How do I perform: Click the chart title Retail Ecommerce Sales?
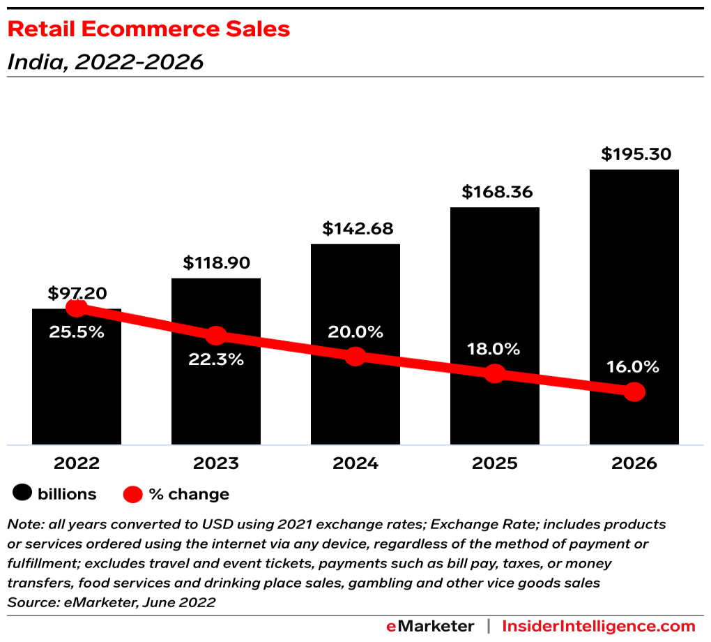click(x=148, y=29)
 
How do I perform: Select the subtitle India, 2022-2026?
click(x=105, y=62)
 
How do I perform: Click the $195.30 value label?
click(x=636, y=154)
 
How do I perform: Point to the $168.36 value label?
click(x=495, y=192)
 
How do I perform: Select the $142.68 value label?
click(x=357, y=228)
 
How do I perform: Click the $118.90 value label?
click(x=217, y=263)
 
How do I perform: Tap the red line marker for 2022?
click(x=77, y=308)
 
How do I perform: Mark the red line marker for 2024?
click(x=355, y=356)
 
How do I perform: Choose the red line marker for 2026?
click(x=634, y=392)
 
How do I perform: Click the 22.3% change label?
click(x=216, y=360)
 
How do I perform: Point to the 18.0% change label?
click(x=494, y=348)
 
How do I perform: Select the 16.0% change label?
click(x=634, y=367)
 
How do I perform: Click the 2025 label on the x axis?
click(x=494, y=463)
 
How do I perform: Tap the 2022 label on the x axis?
click(x=77, y=463)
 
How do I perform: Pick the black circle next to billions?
click(x=22, y=494)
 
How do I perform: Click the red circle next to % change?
click(x=133, y=495)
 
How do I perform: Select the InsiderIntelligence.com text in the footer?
click(x=599, y=626)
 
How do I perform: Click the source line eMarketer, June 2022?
click(x=112, y=602)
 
